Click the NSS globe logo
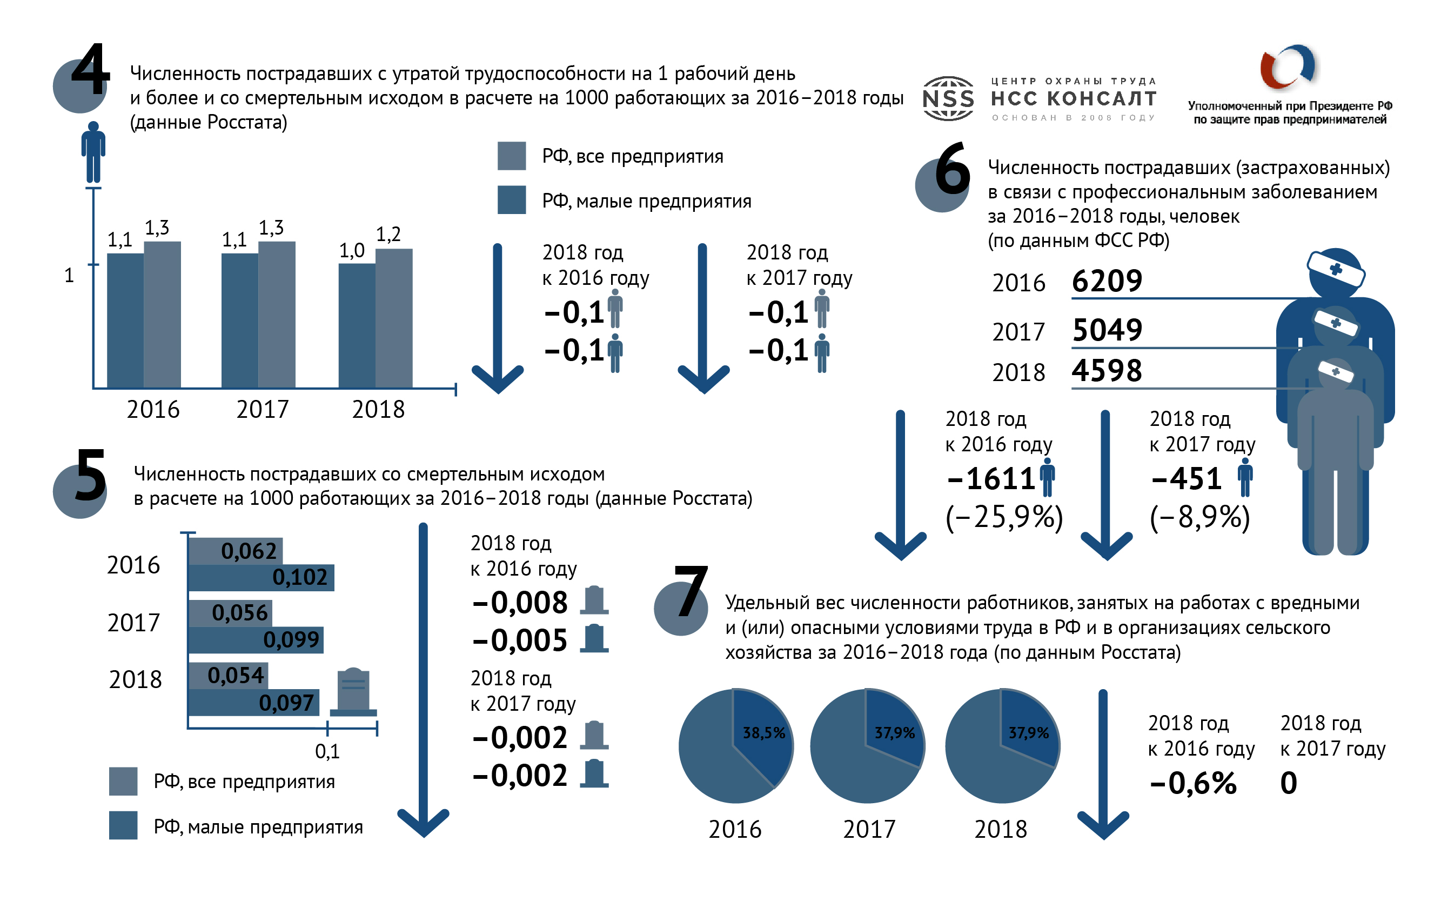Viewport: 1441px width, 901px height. [948, 99]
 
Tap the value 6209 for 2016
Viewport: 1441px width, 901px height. [1107, 281]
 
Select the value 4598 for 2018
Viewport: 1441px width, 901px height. [1107, 371]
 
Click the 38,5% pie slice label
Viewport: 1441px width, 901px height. [763, 733]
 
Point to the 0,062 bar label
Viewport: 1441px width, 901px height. [249, 551]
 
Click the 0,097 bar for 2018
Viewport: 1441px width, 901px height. [253, 703]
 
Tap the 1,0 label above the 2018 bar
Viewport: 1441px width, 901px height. [351, 251]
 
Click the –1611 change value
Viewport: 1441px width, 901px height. [991, 478]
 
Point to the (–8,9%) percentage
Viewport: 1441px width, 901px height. [1199, 517]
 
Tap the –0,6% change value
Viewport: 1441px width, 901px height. [1193, 783]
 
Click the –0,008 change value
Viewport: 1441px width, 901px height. [520, 603]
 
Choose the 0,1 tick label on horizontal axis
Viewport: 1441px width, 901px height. [327, 751]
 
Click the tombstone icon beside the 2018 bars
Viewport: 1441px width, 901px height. [353, 691]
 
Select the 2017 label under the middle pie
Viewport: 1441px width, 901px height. [869, 829]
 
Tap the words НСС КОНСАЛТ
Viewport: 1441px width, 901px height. [1074, 98]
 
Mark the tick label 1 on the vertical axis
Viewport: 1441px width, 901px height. [69, 275]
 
